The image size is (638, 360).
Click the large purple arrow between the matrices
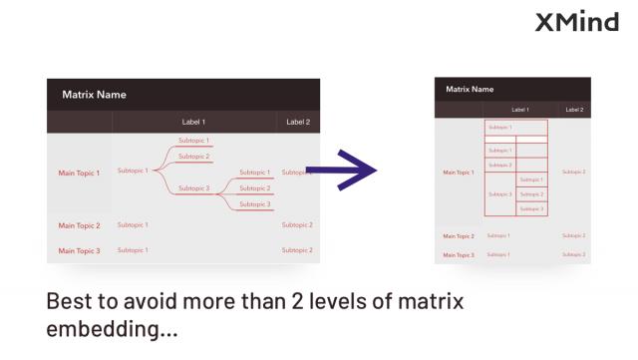click(342, 171)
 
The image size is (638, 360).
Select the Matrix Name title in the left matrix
click(94, 95)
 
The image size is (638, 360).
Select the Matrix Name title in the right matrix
click(471, 89)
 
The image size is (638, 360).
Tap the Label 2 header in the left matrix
click(298, 122)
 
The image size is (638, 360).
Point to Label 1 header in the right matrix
click(520, 109)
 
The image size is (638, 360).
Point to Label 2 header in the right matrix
click(573, 109)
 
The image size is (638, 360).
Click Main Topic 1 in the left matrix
click(79, 173)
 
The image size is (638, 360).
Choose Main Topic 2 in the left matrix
click(79, 225)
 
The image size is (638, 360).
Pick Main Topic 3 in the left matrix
click(79, 250)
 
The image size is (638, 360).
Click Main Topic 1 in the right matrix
click(458, 172)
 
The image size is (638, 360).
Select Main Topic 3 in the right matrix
click(458, 254)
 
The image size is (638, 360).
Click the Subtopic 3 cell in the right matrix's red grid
click(499, 193)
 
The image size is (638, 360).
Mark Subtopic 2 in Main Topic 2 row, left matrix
click(297, 224)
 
